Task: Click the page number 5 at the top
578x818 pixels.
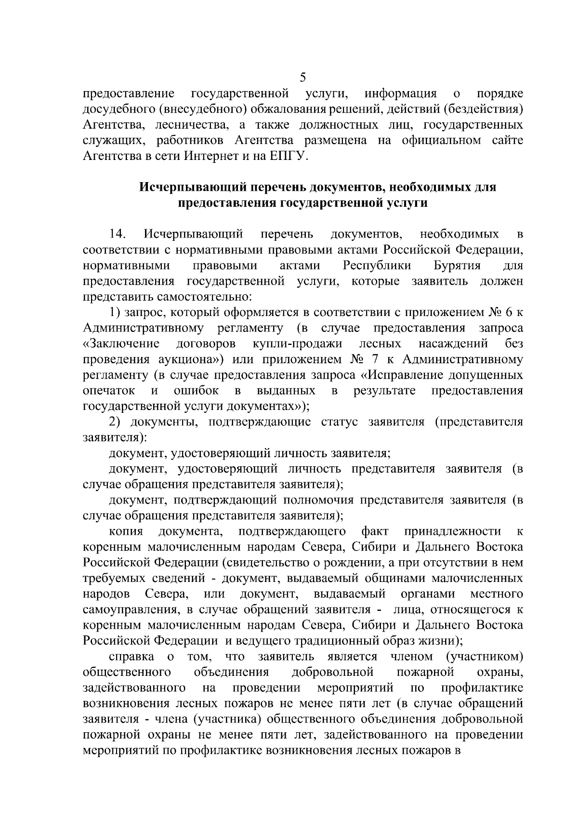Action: pyautogui.click(x=303, y=77)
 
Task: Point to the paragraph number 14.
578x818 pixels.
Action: pyautogui.click(x=118, y=235)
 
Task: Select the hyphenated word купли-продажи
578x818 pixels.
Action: pyautogui.click(x=297, y=344)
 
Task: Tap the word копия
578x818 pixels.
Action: pyautogui.click(x=126, y=531)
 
